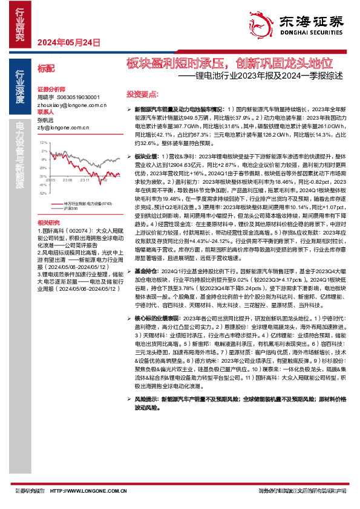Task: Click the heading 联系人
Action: click(46, 113)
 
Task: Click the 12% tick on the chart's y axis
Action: click(42, 143)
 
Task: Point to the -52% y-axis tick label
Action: click(42, 193)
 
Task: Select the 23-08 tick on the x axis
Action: click(67, 180)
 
